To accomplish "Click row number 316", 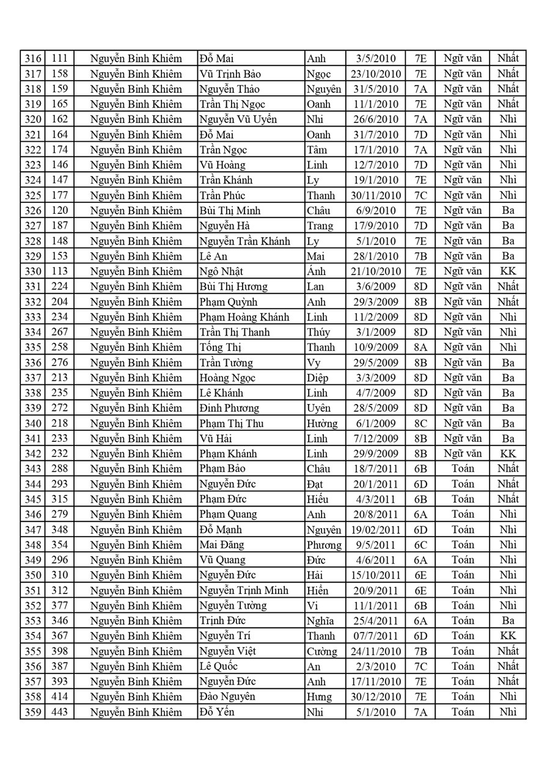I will pyautogui.click(x=32, y=59).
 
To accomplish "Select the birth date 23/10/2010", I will pyautogui.click(x=376, y=74).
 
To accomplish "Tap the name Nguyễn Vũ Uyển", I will pyautogui.click(x=238, y=119).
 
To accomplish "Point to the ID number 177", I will pyautogui.click(x=59, y=196).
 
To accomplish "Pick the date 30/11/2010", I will pyautogui.click(x=376, y=196).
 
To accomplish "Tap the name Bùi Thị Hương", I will pyautogui.click(x=233, y=287).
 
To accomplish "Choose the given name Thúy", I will pyautogui.click(x=318, y=332).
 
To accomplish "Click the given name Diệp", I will pyautogui.click(x=317, y=378).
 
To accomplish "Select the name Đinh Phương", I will pyautogui.click(x=229, y=408).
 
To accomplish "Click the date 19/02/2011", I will pyautogui.click(x=376, y=530).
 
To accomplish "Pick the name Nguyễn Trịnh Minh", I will pyautogui.click(x=244, y=590).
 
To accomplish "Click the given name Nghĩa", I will pyautogui.click(x=320, y=621).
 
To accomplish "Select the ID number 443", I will pyautogui.click(x=59, y=712).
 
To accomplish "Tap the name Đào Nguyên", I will pyautogui.click(x=227, y=697).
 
